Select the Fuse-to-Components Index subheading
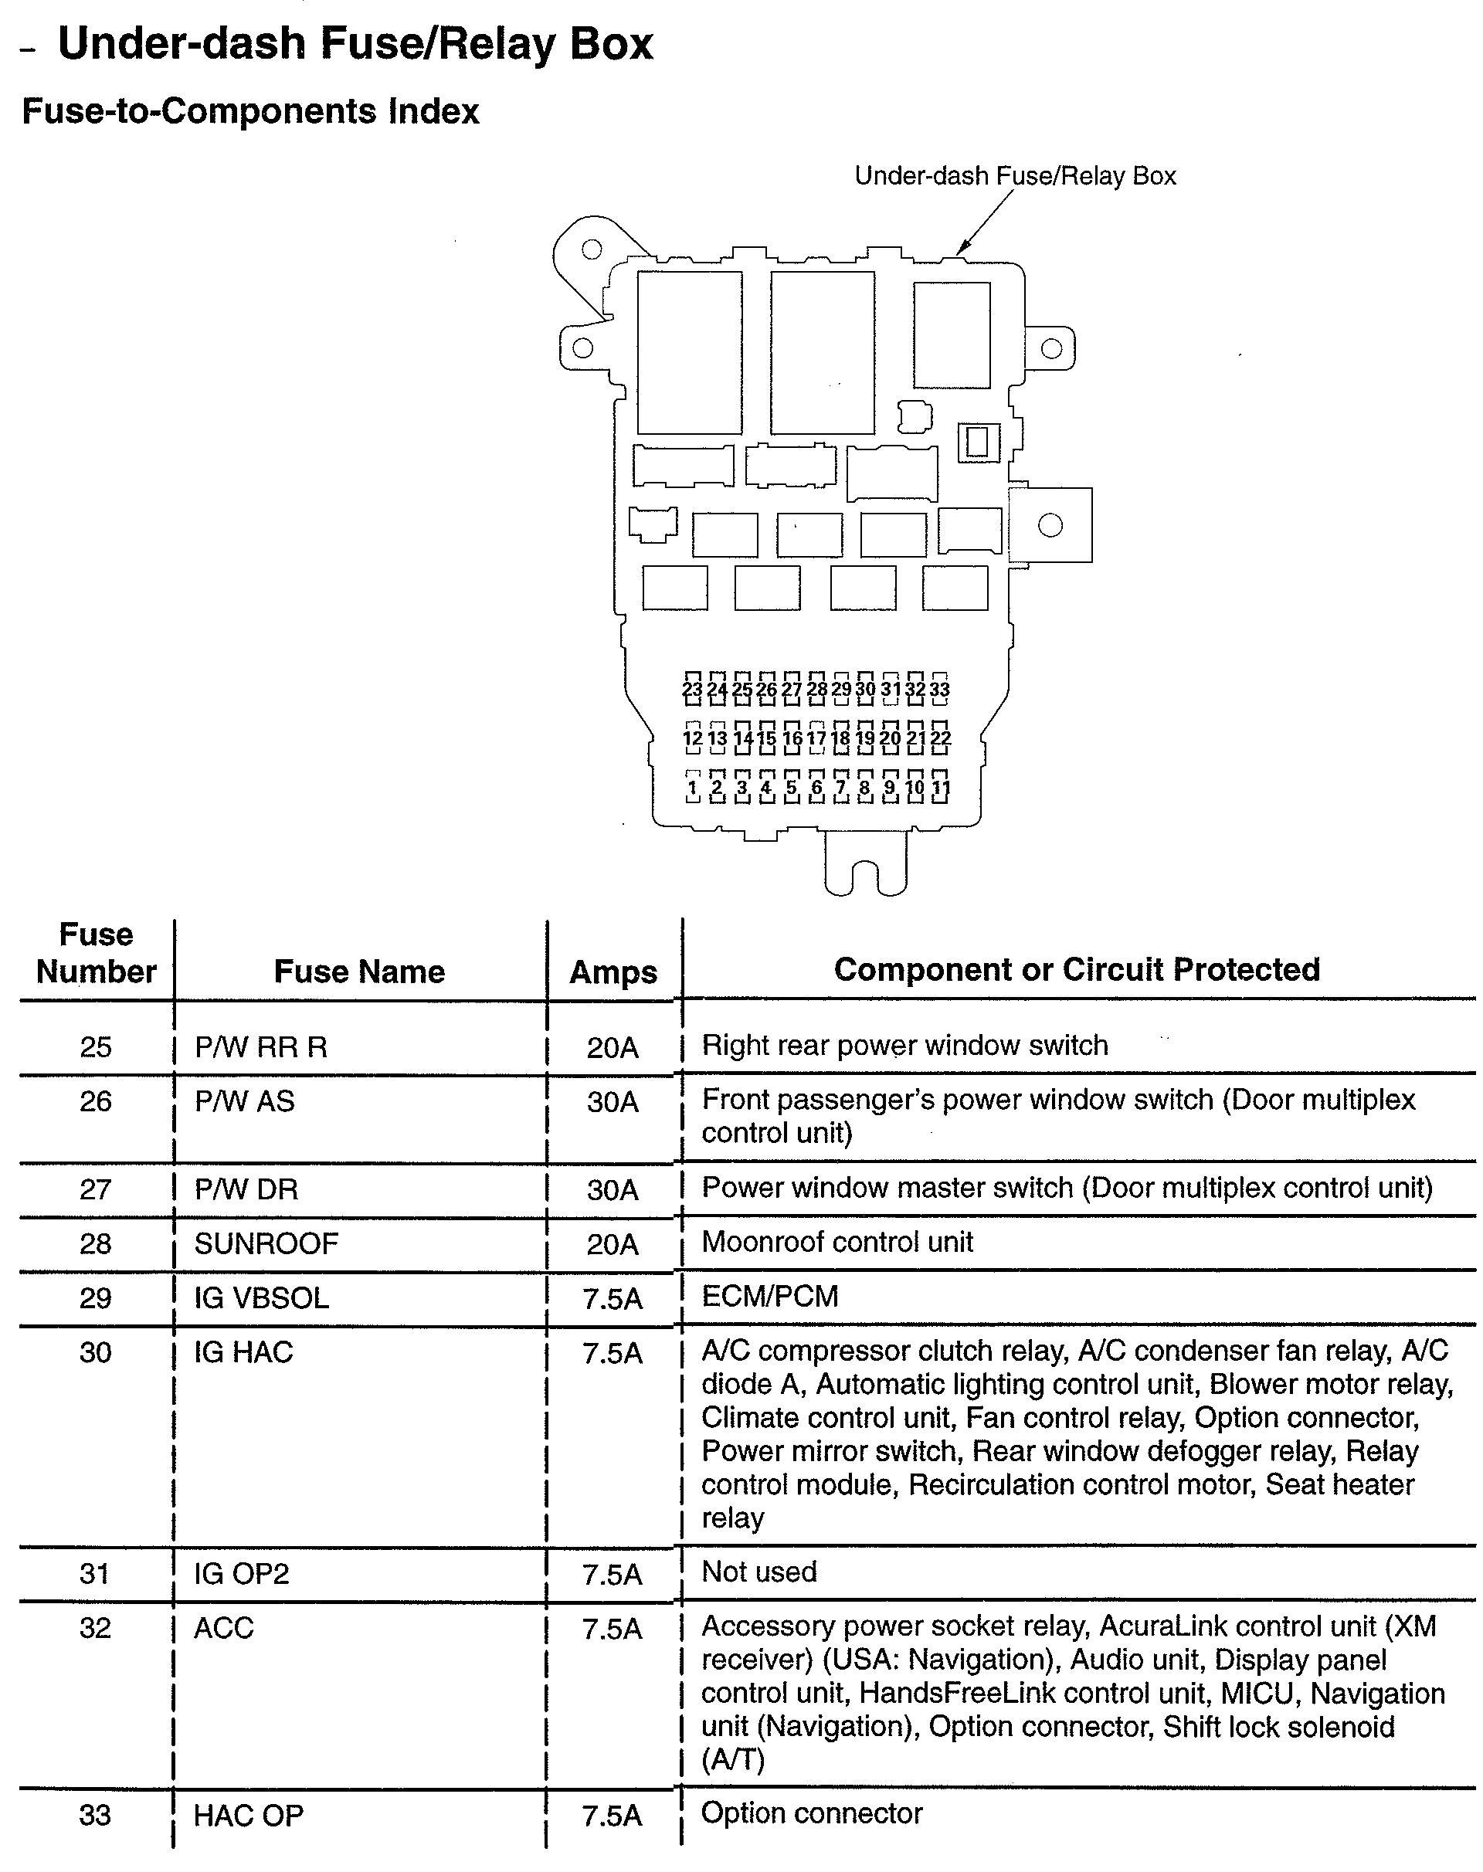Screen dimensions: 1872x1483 point(250,112)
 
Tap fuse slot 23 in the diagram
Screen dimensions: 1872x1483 point(692,689)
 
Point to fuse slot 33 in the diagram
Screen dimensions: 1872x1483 point(939,689)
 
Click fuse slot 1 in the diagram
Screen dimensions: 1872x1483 point(692,788)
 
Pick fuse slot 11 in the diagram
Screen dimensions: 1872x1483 point(940,788)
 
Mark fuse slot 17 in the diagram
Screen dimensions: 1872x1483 point(816,738)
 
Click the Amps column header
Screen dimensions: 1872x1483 point(613,972)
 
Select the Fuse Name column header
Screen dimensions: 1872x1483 point(358,972)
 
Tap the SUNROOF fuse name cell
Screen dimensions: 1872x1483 point(266,1243)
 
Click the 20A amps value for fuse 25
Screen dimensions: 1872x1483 point(613,1047)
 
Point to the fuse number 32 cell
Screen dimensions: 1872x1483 point(96,1628)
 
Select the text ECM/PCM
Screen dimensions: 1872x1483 point(769,1297)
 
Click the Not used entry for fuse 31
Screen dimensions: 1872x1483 point(758,1572)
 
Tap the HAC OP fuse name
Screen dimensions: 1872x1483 point(248,1816)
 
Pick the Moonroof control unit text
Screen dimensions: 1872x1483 point(837,1242)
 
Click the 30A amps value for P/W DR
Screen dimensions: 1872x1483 point(613,1189)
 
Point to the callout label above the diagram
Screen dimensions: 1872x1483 point(1015,176)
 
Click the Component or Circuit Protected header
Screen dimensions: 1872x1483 point(1077,970)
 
